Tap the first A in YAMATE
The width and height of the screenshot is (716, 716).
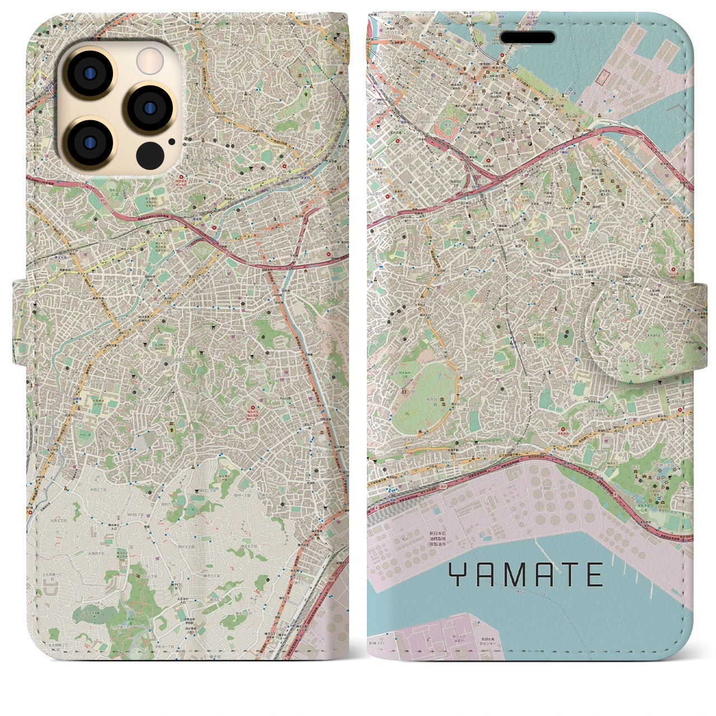point(486,574)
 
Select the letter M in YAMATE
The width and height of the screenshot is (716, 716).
point(514,574)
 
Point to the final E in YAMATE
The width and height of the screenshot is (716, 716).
point(594,574)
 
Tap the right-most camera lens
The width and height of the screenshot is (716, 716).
point(147,107)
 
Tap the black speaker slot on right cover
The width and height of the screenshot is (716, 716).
point(527,37)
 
